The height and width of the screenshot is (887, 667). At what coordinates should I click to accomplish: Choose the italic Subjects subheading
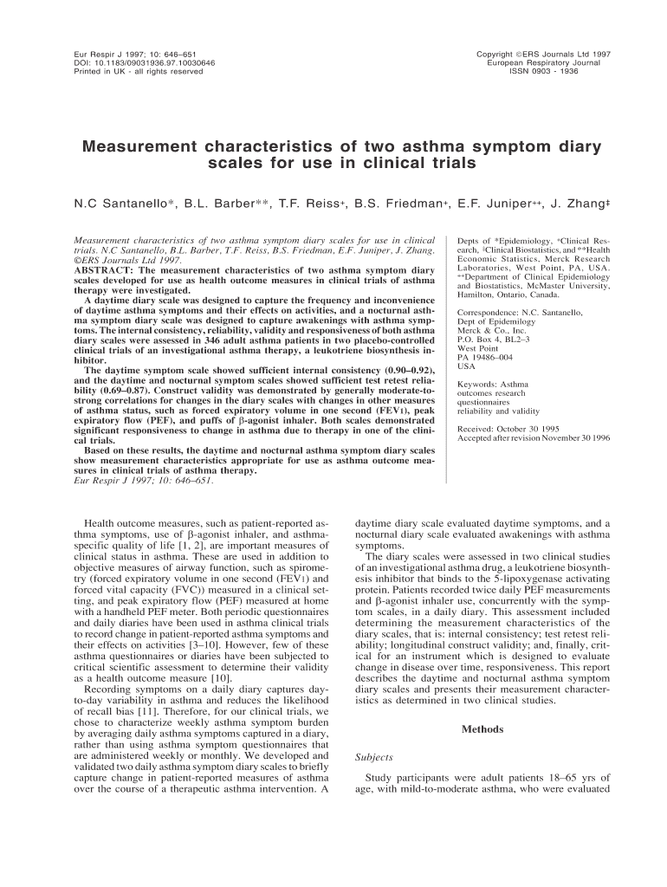tap(375, 756)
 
